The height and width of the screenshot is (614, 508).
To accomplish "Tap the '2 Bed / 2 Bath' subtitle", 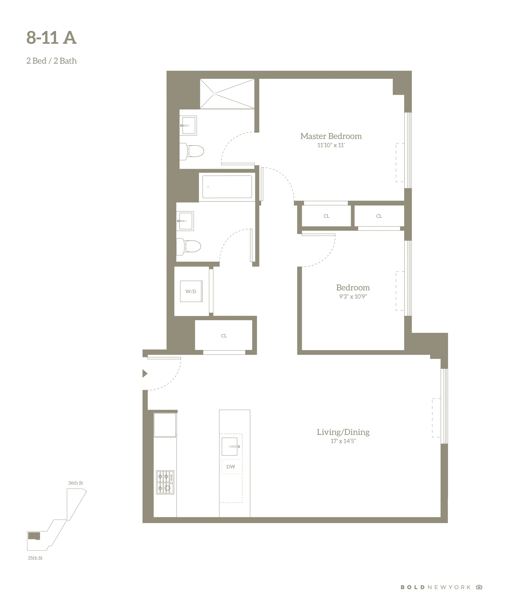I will (x=51, y=61).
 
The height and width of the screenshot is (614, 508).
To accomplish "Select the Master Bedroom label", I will (x=331, y=136).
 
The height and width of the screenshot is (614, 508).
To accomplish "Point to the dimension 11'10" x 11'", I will (x=331, y=145).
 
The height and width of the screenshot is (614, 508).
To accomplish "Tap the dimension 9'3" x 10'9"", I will (x=353, y=296).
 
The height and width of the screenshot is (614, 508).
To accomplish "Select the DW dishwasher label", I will (x=231, y=467).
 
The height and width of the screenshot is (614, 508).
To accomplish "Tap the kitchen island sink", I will (x=230, y=446).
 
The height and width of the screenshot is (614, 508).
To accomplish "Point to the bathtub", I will (x=227, y=187).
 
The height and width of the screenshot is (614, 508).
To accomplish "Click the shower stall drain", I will (x=214, y=94).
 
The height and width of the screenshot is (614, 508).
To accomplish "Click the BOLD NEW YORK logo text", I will (x=435, y=587).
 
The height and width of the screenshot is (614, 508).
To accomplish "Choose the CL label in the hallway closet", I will (x=224, y=336).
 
